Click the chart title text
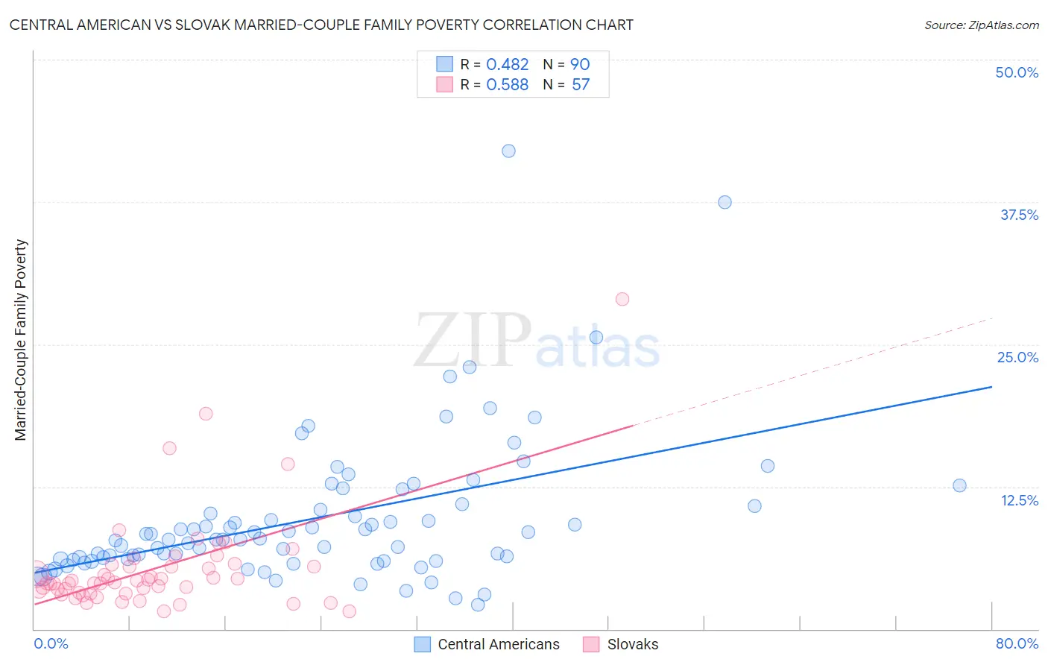point(321,25)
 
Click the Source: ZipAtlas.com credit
point(981,25)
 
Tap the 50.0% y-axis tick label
point(1017,72)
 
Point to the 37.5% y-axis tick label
point(1019,215)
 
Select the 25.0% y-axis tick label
point(1017,357)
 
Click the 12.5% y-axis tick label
point(1019,500)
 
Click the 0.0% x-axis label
point(51,643)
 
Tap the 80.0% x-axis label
point(1017,643)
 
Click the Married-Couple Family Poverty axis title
point(21,340)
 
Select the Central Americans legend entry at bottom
point(498,644)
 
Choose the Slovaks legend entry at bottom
point(632,644)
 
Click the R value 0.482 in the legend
point(507,65)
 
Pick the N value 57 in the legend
point(581,85)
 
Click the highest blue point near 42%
point(508,151)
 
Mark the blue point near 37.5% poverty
point(725,202)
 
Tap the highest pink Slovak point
point(622,299)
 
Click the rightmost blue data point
point(959,485)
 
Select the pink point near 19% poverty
point(206,414)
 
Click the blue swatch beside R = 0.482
point(444,64)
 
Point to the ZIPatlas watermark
point(537,341)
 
